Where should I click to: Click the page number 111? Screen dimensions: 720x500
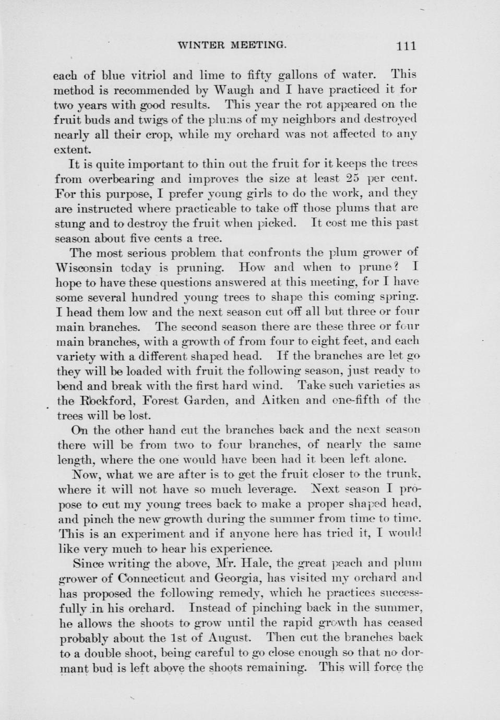coord(406,46)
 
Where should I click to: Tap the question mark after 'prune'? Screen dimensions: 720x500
coord(396,268)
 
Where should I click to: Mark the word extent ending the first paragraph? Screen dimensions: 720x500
coord(71,149)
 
